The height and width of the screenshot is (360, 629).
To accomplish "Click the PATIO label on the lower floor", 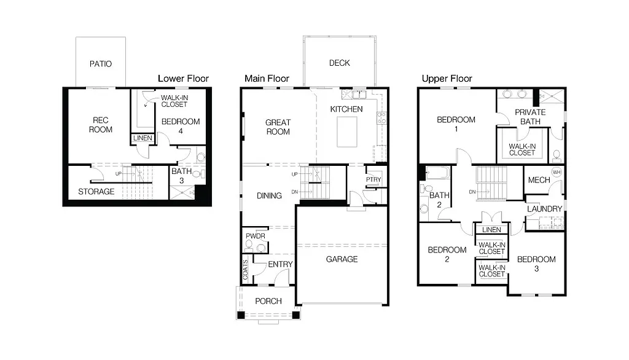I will tap(101, 64).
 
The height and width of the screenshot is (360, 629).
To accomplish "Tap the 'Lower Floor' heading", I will tap(183, 79).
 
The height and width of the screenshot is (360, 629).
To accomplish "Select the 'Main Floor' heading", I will tap(267, 79).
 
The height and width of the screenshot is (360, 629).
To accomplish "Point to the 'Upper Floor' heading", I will tap(447, 79).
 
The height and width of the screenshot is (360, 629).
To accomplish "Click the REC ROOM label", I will tap(100, 125).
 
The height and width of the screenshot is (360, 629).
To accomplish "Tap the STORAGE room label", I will tap(96, 192).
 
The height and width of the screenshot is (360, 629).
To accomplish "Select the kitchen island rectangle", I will tap(351, 132).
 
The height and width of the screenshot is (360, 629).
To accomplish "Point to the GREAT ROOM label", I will tap(278, 127).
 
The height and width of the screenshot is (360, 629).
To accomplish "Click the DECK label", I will tap(339, 63).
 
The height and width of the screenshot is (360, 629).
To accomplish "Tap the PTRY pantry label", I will tap(373, 179).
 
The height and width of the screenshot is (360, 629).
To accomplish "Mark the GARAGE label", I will tap(342, 259).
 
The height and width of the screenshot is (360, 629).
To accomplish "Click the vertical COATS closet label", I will tap(245, 270).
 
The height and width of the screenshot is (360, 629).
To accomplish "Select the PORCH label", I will tap(268, 301).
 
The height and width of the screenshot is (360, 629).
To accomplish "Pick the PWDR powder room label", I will tap(255, 235).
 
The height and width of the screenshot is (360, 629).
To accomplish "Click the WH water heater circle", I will tap(557, 173).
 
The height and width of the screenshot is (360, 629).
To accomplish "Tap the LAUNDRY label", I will tap(544, 209).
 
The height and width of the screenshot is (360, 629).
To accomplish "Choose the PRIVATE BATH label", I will tap(529, 117).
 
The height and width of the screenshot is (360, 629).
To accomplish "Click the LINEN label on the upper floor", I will tap(491, 230).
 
